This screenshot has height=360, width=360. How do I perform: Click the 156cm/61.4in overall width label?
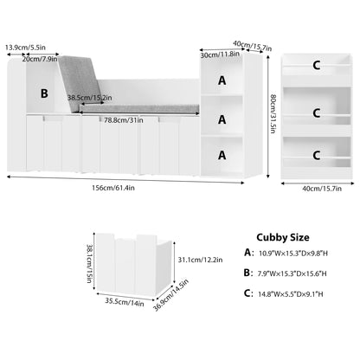pyautogui.click(x=113, y=188)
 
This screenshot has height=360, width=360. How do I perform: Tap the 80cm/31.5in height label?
pyautogui.click(x=273, y=113)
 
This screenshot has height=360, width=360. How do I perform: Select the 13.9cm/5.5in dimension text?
pyautogui.click(x=25, y=48)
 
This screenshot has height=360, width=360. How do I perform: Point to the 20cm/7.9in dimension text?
pyautogui.click(x=40, y=59)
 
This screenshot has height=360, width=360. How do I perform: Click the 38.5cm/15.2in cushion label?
pyautogui.click(x=90, y=98)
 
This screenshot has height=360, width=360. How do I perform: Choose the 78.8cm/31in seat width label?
pyautogui.click(x=124, y=120)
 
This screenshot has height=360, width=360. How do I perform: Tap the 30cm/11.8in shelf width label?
pyautogui.click(x=220, y=55)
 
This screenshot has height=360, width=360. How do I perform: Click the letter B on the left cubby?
pyautogui.click(x=44, y=93)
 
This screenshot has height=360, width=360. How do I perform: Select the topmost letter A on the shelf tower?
pyautogui.click(x=222, y=80)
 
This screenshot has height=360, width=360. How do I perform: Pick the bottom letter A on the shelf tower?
pyautogui.click(x=222, y=155)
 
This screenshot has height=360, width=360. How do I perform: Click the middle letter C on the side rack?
pyautogui.click(x=317, y=112)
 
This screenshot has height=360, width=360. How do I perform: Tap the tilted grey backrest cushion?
pyautogui.click(x=80, y=84)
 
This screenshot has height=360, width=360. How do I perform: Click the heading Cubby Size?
pyautogui.click(x=283, y=237)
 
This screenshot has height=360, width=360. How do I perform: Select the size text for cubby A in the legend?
pyautogui.click(x=293, y=254)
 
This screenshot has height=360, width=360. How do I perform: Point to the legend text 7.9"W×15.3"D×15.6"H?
pyautogui.click(x=292, y=273)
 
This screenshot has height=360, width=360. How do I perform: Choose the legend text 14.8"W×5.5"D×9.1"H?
pyautogui.click(x=291, y=294)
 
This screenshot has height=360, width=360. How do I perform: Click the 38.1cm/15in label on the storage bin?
pyautogui.click(x=90, y=264)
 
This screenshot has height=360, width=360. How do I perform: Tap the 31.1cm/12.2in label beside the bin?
pyautogui.click(x=200, y=260)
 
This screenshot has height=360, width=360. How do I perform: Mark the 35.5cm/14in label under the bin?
pyautogui.click(x=125, y=302)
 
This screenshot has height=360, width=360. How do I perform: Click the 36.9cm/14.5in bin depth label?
pyautogui.click(x=170, y=295)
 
